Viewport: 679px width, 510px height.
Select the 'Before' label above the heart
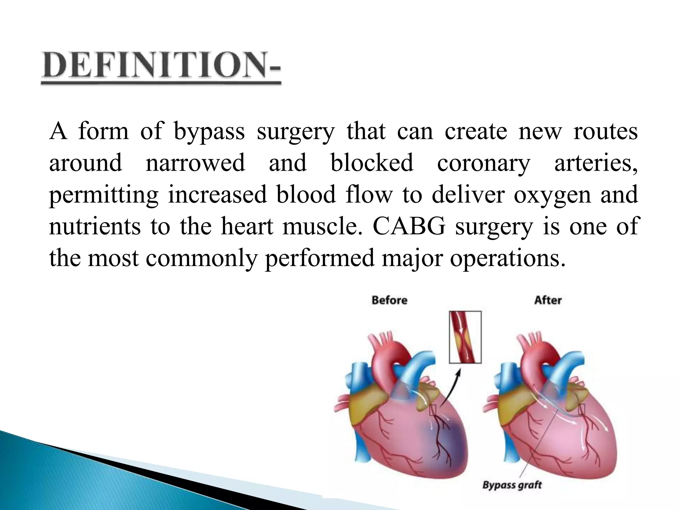(389, 300)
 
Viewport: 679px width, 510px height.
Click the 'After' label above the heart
(548, 300)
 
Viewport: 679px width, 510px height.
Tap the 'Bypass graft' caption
(512, 485)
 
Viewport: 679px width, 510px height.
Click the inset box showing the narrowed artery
(465, 337)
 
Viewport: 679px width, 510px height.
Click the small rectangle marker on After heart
(582, 410)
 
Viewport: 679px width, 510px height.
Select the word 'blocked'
(372, 163)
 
